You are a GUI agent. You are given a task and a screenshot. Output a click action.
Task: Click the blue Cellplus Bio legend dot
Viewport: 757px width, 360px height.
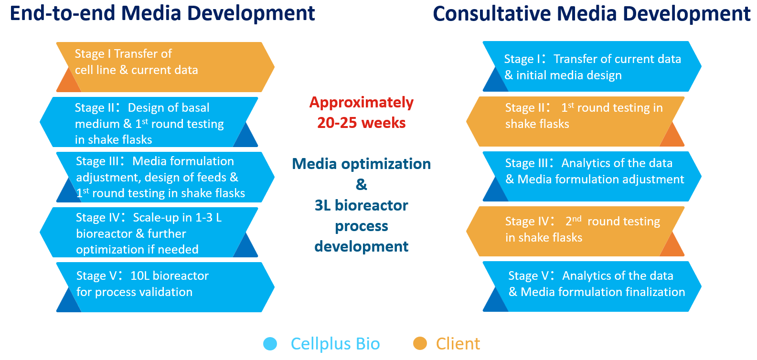coord(270,344)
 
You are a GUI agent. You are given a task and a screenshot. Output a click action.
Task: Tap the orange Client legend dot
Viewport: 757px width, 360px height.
coord(420,343)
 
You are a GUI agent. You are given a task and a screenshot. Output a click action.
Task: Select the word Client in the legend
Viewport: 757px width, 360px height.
coord(458,344)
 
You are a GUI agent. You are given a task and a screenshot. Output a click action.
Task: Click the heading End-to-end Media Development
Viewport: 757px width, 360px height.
coord(162,13)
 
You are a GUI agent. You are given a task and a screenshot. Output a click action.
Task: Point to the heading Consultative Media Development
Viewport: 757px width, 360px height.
coord(591,13)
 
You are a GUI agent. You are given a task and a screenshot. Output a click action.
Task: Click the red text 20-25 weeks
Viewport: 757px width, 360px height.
coord(361,123)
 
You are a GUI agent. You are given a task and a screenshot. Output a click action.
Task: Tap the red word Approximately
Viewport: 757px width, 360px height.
coord(361,102)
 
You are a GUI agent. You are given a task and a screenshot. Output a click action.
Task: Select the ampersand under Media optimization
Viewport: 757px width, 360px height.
coord(361,184)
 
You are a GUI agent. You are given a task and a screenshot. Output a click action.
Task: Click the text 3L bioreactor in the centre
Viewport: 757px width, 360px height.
coord(361,205)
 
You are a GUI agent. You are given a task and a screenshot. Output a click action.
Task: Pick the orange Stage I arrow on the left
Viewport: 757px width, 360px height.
coord(165,67)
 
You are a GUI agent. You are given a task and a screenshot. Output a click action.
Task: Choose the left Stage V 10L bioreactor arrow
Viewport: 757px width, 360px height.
coord(165,287)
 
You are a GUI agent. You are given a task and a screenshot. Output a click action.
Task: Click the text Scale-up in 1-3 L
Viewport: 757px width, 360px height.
coord(177,218)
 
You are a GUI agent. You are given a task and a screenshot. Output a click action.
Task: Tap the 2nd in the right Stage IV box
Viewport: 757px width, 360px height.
coord(573,221)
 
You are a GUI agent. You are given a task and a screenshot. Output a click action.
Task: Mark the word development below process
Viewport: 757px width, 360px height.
coord(361,246)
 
